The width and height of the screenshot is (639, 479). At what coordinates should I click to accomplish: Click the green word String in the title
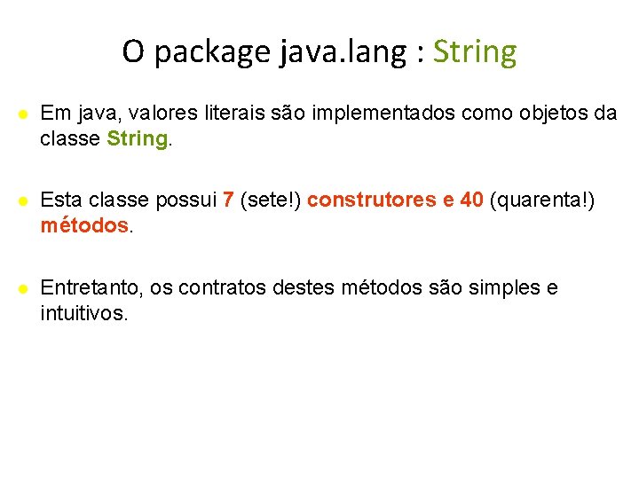474,52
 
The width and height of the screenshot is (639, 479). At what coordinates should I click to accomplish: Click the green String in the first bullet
137,139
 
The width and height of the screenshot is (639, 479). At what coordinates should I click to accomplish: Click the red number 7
229,200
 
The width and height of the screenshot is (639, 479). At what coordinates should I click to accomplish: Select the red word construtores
372,200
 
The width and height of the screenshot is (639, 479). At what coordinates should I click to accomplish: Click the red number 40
471,200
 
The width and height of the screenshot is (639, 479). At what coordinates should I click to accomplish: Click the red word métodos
84,226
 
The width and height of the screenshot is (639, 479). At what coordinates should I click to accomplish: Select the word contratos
217,287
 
